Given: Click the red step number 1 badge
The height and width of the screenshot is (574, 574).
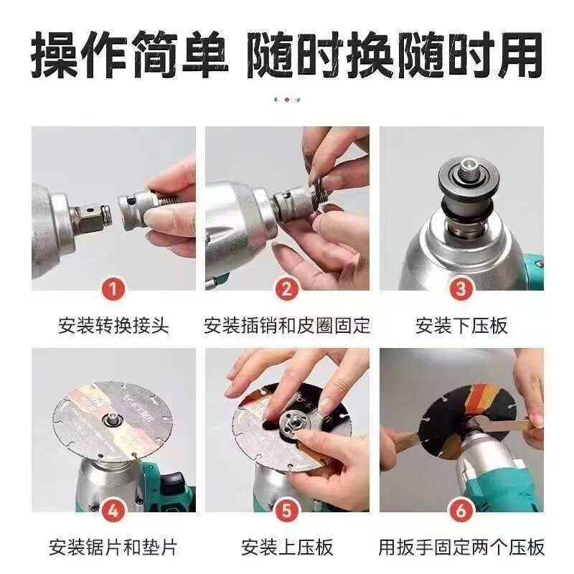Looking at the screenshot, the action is [x=113, y=289].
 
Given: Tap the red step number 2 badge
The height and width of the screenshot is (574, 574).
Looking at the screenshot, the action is [x=286, y=289].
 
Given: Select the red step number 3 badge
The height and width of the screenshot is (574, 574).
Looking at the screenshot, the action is [x=461, y=289].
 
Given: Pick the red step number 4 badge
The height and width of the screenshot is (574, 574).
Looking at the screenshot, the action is [x=113, y=511].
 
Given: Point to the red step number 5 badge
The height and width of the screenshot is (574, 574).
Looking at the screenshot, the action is [x=286, y=511].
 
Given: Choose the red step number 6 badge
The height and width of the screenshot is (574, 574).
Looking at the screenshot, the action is [x=461, y=511].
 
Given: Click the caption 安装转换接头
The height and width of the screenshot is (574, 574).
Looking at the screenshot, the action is [x=113, y=326].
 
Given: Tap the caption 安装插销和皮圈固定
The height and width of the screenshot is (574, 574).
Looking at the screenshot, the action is [x=287, y=326].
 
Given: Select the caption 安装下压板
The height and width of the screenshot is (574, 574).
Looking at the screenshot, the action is [x=461, y=326].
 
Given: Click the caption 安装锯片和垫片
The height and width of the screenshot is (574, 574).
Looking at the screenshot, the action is [x=113, y=547].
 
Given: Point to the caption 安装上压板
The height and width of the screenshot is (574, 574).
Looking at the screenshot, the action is [x=287, y=547].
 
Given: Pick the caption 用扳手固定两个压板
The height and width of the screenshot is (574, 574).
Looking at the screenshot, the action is [x=461, y=547].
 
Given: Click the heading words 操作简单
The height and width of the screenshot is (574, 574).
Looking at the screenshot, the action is [x=130, y=55].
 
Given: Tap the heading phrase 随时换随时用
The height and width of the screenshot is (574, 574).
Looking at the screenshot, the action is [x=395, y=55].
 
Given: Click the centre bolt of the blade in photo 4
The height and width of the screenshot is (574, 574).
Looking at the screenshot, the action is [x=110, y=418].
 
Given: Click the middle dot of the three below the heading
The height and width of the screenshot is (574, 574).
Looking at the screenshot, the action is [x=287, y=100].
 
